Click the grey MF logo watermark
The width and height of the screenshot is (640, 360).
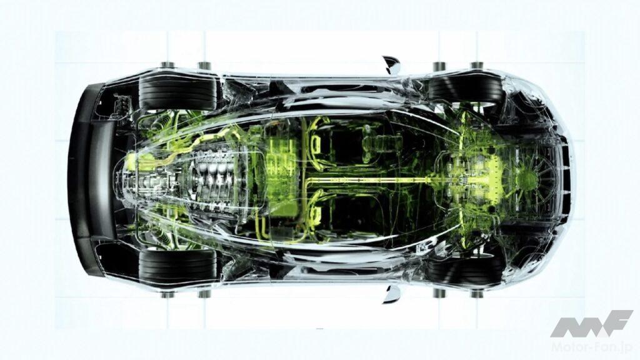(591, 324)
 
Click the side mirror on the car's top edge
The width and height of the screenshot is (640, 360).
(391, 65)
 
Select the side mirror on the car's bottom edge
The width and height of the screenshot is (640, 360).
(391, 294)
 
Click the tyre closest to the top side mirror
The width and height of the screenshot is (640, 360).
(464, 89)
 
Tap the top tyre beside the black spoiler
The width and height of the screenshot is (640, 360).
(177, 92)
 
